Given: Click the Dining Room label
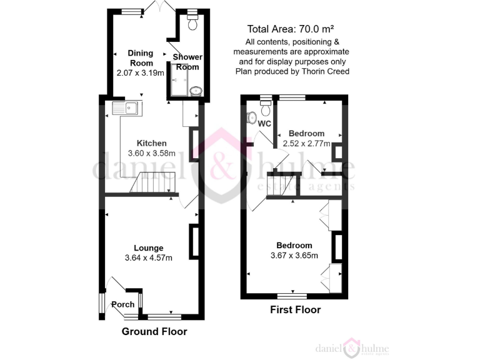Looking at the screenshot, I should click(x=140, y=57).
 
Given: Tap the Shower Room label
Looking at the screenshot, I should click(x=187, y=62).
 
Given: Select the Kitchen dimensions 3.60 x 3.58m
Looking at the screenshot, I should click(x=151, y=153).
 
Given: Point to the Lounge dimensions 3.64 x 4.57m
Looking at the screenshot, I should click(x=149, y=257).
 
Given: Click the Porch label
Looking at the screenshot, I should click(x=122, y=305).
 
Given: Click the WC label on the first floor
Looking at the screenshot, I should click(x=264, y=124).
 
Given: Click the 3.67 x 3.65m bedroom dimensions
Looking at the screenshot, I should click(x=294, y=255).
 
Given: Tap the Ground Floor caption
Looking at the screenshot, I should click(x=154, y=331).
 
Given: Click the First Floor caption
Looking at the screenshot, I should click(x=295, y=309).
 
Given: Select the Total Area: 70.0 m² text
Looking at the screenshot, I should click(x=291, y=29).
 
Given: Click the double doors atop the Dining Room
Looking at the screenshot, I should click(x=160, y=7).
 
